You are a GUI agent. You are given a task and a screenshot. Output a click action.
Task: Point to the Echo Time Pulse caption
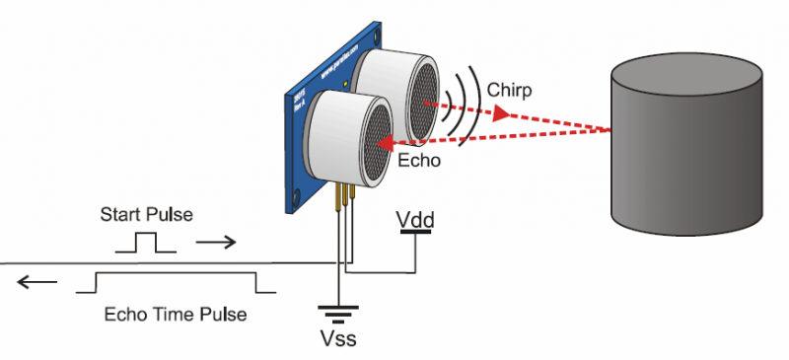[x=175, y=315]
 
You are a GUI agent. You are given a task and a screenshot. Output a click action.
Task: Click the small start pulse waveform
[x=146, y=243]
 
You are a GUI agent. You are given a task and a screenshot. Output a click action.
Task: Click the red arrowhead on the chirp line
[x=502, y=114]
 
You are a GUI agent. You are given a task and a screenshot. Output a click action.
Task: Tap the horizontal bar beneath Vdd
[x=414, y=234]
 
